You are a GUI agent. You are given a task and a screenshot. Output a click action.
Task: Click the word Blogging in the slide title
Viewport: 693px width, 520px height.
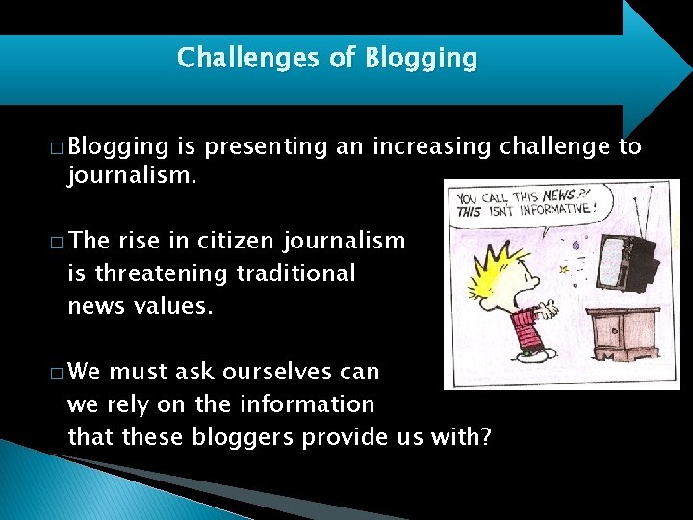[421, 59]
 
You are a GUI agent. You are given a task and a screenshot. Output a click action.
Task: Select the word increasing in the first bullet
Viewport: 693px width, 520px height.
[433, 146]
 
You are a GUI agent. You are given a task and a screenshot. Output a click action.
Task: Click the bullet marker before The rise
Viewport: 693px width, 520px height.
[59, 243]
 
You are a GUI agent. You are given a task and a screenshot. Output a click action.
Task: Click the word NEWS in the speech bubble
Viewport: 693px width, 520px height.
[558, 195]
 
